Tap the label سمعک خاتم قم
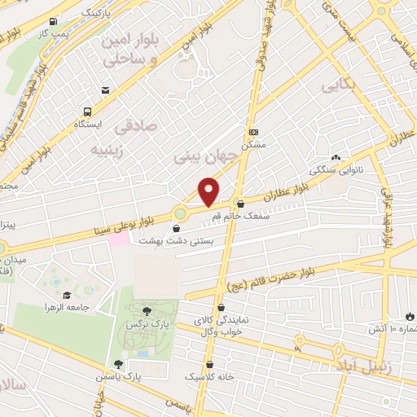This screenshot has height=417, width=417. pyautogui.click(x=240, y=217)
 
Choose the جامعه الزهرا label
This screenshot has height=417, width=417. pyautogui.click(x=66, y=308)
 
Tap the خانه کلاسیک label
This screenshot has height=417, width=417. pyautogui.click(x=211, y=378)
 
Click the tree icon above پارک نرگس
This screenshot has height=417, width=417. pyautogui.click(x=147, y=310)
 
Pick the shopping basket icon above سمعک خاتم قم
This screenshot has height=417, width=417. pyautogui.click(x=240, y=204)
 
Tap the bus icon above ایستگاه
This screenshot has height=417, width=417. pyautogui.click(x=86, y=112)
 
